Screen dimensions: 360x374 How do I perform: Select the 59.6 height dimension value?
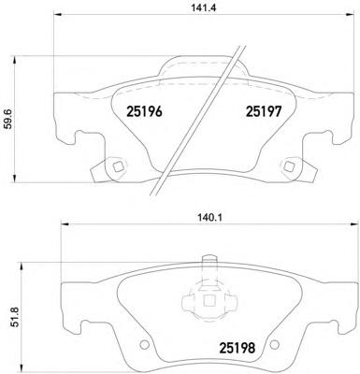pos(8,119)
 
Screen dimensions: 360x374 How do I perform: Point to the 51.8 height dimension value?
pos(16,316)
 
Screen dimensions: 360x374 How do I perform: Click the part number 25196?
pos(144,111)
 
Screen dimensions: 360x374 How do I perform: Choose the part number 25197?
pos(264,111)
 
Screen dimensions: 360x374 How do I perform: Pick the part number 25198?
pos(238,348)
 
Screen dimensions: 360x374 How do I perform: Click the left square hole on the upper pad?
pos(119,166)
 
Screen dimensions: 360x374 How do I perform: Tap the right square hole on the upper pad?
pos(288,166)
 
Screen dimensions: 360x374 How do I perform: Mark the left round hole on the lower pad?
pos(144,345)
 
